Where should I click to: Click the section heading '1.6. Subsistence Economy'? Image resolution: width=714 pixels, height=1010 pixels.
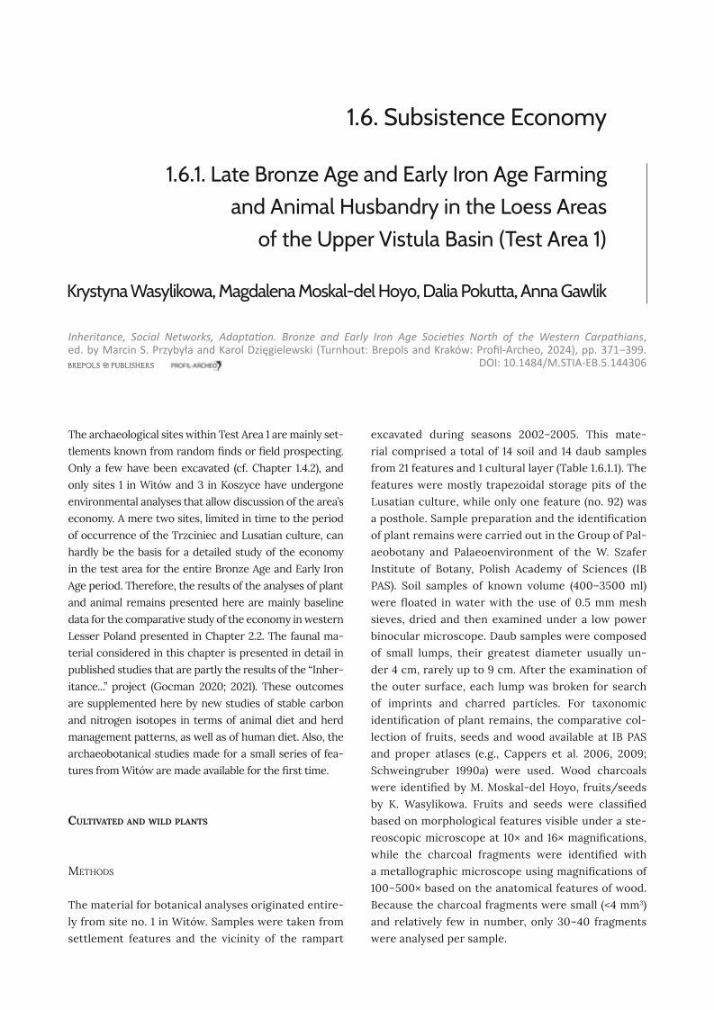(476, 118)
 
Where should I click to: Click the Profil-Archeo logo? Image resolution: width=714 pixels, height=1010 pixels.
(195, 365)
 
